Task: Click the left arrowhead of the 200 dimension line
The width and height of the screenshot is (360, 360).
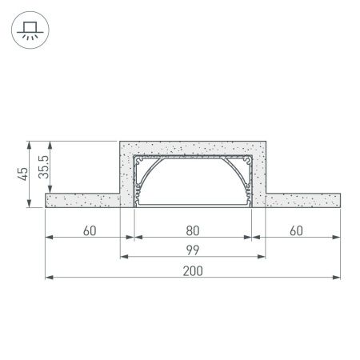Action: pos(49,277)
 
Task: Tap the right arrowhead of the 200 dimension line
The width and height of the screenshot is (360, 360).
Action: pos(337,277)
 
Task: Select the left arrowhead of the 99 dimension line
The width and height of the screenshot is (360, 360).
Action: pos(123,257)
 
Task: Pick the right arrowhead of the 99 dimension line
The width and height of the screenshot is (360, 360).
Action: pos(262,257)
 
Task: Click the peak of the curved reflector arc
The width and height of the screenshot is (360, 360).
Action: pos(192,158)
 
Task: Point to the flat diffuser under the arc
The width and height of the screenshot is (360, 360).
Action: pos(192,202)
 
